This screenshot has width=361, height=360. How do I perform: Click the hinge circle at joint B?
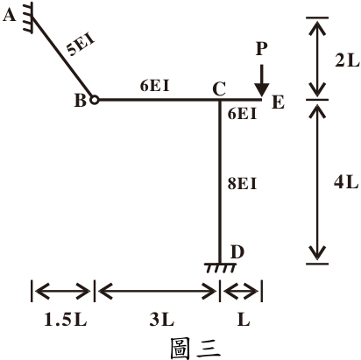(x=94, y=100)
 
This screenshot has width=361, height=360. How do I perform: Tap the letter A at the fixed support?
(x=9, y=15)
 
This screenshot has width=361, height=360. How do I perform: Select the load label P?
(x=261, y=48)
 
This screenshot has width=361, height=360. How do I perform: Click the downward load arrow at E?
(x=262, y=81)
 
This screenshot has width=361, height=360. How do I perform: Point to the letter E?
(x=278, y=102)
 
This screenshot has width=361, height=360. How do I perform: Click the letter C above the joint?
(x=219, y=89)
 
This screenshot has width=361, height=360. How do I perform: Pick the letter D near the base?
(x=237, y=252)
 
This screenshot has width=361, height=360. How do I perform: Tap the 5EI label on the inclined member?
(x=81, y=46)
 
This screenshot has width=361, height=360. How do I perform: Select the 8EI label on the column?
(x=242, y=184)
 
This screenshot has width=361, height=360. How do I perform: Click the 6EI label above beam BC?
(x=155, y=86)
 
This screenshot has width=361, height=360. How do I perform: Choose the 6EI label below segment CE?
(x=242, y=114)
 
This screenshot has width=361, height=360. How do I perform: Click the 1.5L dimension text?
(x=65, y=320)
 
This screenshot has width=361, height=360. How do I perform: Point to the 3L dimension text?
(x=162, y=320)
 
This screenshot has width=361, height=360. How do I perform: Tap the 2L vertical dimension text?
(x=347, y=60)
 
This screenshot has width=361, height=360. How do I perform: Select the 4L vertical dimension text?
(x=346, y=182)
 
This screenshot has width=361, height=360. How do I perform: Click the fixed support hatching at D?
(x=220, y=268)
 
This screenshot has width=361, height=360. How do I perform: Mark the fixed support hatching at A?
(x=28, y=18)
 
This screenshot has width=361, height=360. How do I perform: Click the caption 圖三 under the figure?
(x=195, y=348)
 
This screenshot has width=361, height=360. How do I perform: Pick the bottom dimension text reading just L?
(x=244, y=320)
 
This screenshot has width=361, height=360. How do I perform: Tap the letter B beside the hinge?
(x=81, y=101)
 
